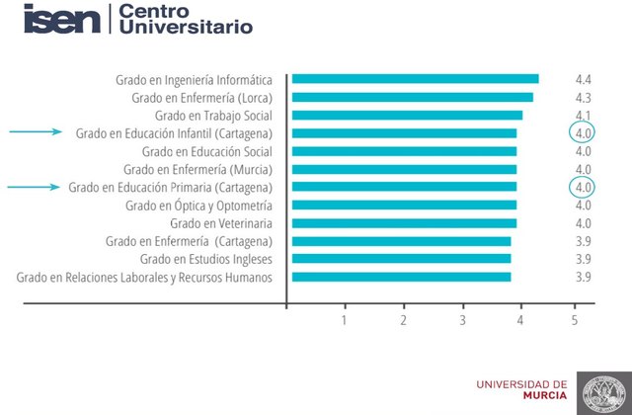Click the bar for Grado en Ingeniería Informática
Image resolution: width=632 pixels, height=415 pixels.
(x=415, y=79)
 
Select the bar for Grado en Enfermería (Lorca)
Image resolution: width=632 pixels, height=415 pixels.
(x=412, y=97)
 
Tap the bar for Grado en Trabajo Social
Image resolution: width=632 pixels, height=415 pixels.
(x=407, y=116)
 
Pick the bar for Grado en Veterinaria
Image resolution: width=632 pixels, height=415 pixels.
(x=404, y=223)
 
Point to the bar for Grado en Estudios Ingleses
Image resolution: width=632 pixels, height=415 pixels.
(x=401, y=259)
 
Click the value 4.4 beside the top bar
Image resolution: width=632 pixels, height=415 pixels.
(x=583, y=79)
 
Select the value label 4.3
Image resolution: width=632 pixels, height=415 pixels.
(x=583, y=97)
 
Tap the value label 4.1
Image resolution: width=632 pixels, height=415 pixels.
(x=583, y=116)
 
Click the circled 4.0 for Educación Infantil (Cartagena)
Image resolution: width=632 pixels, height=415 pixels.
(x=583, y=133)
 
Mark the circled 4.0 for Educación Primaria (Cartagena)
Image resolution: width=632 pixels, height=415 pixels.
(x=583, y=187)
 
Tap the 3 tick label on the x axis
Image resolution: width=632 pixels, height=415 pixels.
(x=462, y=320)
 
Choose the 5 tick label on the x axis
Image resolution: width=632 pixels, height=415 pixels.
(x=575, y=320)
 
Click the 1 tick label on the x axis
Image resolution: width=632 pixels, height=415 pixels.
(x=345, y=320)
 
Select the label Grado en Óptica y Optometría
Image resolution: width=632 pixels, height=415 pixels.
(x=198, y=206)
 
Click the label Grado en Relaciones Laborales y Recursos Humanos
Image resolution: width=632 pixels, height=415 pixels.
(x=144, y=278)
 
